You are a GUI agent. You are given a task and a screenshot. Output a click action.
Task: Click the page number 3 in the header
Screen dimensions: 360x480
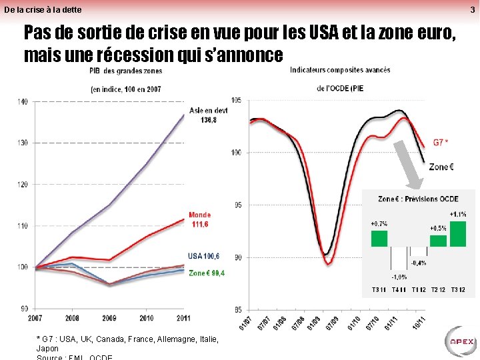point(472,9)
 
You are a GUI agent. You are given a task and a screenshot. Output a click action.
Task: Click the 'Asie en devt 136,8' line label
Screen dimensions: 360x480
point(207,115)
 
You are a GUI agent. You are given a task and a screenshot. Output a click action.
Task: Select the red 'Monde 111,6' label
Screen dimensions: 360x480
point(199,219)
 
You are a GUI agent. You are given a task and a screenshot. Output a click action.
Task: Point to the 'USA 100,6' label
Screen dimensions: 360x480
point(203,256)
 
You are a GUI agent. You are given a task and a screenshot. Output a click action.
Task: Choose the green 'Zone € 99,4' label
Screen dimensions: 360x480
point(207,273)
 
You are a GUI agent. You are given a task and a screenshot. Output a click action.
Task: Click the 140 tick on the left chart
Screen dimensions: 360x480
point(23,101)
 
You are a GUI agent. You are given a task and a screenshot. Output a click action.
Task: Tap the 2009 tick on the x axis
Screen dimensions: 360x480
point(109,318)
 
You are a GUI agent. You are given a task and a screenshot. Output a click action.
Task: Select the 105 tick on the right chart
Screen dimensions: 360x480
point(236,101)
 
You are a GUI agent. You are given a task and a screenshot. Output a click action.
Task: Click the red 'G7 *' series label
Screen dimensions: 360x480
point(441,142)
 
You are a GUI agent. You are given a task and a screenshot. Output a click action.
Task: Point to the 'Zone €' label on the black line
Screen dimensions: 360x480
point(441,167)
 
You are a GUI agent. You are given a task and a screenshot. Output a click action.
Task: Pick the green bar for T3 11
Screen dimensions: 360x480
point(379,238)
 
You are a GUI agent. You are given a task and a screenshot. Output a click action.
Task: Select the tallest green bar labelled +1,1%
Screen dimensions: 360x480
point(458,233)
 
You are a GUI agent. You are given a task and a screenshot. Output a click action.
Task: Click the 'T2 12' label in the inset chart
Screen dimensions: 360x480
point(438,289)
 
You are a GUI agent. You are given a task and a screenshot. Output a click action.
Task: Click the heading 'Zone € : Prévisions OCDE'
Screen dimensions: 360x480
point(418,199)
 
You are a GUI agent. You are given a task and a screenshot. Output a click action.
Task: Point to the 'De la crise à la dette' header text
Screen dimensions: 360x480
point(43,9)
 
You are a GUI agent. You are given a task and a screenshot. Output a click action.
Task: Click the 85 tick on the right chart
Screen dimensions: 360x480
point(236,309)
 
